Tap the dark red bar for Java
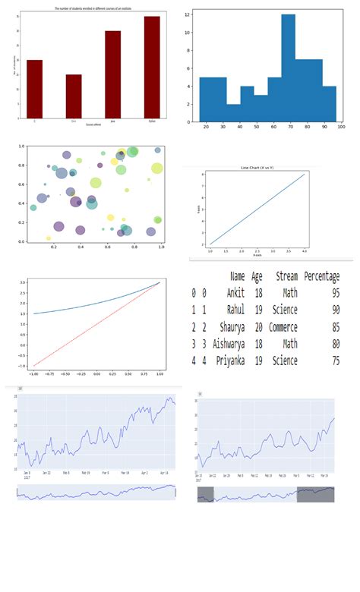[112, 74]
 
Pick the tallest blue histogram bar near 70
[288, 68]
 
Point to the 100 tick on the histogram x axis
[340, 128]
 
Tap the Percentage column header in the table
[321, 277]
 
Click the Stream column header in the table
[286, 277]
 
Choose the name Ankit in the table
[238, 293]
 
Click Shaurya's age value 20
[257, 327]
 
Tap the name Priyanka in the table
[232, 361]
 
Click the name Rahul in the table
[237, 310]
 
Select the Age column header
[257, 277]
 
